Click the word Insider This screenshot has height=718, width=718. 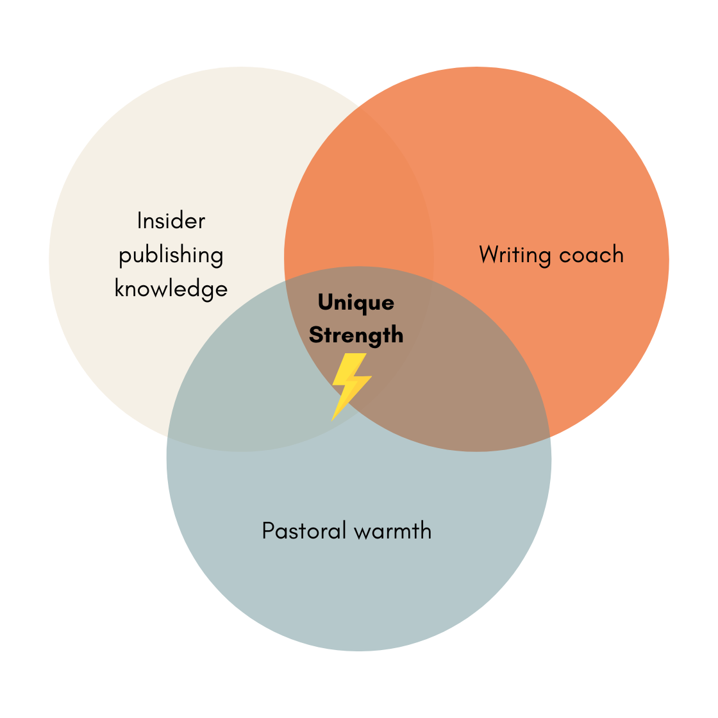click(171, 221)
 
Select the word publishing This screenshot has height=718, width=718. click(171, 256)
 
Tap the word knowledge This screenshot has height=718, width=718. click(171, 289)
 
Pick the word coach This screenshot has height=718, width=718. click(590, 255)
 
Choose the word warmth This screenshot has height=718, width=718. click(393, 531)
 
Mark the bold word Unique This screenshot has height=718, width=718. click(356, 303)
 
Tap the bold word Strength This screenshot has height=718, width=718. click(356, 335)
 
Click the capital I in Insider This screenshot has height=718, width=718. click(140, 221)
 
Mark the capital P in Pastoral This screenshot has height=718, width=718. click(268, 531)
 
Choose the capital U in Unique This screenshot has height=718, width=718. click(325, 302)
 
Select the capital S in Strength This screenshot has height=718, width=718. click(316, 335)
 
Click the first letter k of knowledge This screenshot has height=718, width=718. click(119, 288)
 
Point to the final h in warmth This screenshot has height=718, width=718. click(425, 530)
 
